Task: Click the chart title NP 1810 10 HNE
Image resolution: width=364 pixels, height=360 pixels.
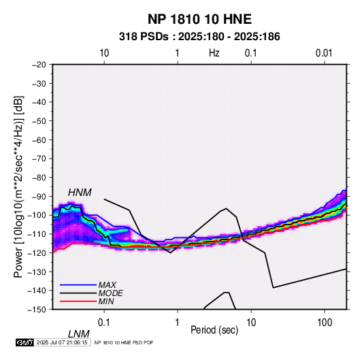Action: pos(199,19)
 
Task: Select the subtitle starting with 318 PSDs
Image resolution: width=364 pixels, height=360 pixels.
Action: pos(199,37)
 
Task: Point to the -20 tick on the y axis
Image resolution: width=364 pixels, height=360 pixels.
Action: pos(39,65)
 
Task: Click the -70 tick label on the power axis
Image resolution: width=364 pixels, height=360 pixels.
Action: pos(39,159)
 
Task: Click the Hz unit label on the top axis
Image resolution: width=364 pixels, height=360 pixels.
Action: pos(214,53)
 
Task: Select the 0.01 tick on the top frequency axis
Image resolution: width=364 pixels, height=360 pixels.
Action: pos(324,53)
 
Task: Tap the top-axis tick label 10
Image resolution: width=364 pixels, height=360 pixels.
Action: pos(104,53)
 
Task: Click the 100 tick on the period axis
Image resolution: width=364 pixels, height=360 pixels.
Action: pos(325,323)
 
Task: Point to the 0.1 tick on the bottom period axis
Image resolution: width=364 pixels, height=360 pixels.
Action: pos(104,323)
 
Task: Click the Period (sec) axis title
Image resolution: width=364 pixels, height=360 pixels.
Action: pos(214,330)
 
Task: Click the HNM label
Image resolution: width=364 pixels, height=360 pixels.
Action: pos(80,193)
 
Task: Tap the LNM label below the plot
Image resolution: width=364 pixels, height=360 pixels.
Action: pos(78,334)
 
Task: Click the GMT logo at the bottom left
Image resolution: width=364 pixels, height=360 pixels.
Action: pos(25,342)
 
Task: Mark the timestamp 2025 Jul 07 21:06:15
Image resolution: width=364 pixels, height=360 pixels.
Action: pos(62,342)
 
